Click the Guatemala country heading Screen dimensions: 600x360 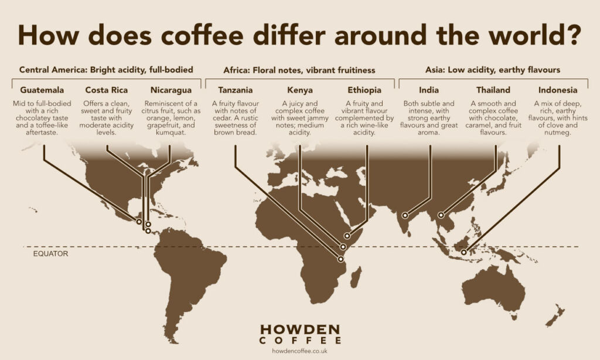coord(42,90)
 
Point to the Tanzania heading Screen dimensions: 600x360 coord(236,90)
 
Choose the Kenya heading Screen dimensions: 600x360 coord(300,90)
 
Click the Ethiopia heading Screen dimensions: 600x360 coord(364,90)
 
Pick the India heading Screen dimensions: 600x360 coord(429,90)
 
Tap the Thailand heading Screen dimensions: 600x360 coord(493,90)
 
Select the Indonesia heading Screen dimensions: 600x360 coord(558,90)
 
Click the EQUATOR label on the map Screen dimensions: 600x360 coord(50,254)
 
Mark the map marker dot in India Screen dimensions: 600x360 coord(405,216)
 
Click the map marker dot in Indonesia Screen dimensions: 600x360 coord(464,253)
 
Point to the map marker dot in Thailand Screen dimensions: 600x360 coord(441,215)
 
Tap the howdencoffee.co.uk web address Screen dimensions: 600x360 coord(299,351)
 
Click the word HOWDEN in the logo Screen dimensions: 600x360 coord(299,329)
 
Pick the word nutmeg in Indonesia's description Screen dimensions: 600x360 coord(558,133)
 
